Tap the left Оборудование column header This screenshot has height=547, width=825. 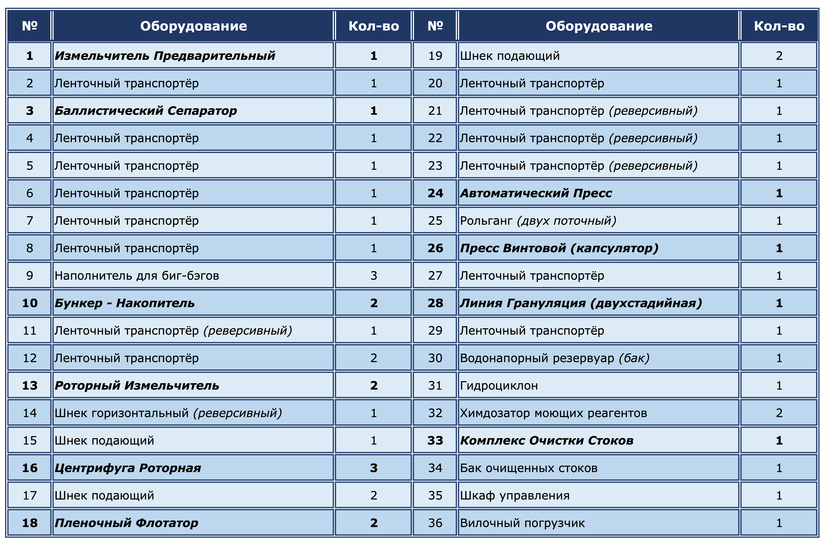193,26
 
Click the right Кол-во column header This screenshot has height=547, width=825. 779,26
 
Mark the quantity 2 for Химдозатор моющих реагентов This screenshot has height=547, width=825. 779,413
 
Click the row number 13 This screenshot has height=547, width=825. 30,385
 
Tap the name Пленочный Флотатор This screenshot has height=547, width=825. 126,523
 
